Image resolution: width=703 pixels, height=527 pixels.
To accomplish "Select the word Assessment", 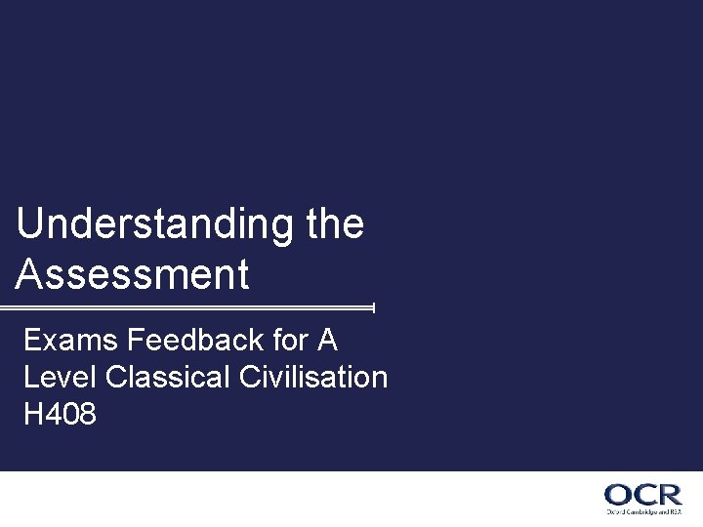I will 133,274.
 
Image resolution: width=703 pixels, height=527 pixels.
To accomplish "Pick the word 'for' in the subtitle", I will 284,341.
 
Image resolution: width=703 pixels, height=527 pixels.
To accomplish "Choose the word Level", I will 55,378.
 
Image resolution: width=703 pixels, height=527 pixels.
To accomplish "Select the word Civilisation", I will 311,378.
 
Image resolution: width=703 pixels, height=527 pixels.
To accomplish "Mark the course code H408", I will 61,415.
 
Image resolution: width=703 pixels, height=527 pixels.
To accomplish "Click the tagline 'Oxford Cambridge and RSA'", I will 643,510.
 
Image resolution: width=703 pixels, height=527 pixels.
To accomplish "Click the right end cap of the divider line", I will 374,307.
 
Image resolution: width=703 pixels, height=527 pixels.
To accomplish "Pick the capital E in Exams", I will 32,341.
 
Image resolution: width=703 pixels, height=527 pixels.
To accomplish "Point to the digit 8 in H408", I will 86,415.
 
